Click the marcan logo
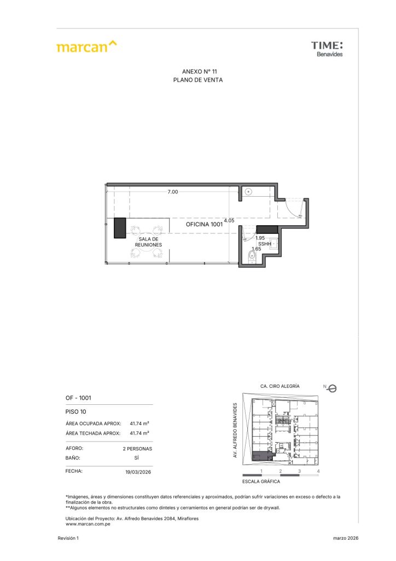click(x=86, y=47)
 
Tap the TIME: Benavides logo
click(x=327, y=49)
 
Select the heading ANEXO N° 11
click(x=199, y=72)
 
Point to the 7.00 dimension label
click(x=173, y=192)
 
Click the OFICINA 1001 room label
click(x=204, y=224)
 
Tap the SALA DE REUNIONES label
click(x=148, y=242)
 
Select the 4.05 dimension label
click(x=229, y=220)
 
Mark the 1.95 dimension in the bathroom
click(x=260, y=238)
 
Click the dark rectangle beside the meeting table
click(x=120, y=228)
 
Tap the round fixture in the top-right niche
click(x=249, y=192)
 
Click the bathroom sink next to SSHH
click(x=274, y=244)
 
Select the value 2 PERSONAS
click(x=137, y=449)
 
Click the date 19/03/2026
click(x=138, y=472)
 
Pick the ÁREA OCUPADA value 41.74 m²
click(x=139, y=423)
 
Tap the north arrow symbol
click(x=331, y=388)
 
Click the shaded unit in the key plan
click(x=261, y=456)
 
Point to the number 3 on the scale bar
click(x=299, y=471)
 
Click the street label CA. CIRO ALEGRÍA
click(x=280, y=386)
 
